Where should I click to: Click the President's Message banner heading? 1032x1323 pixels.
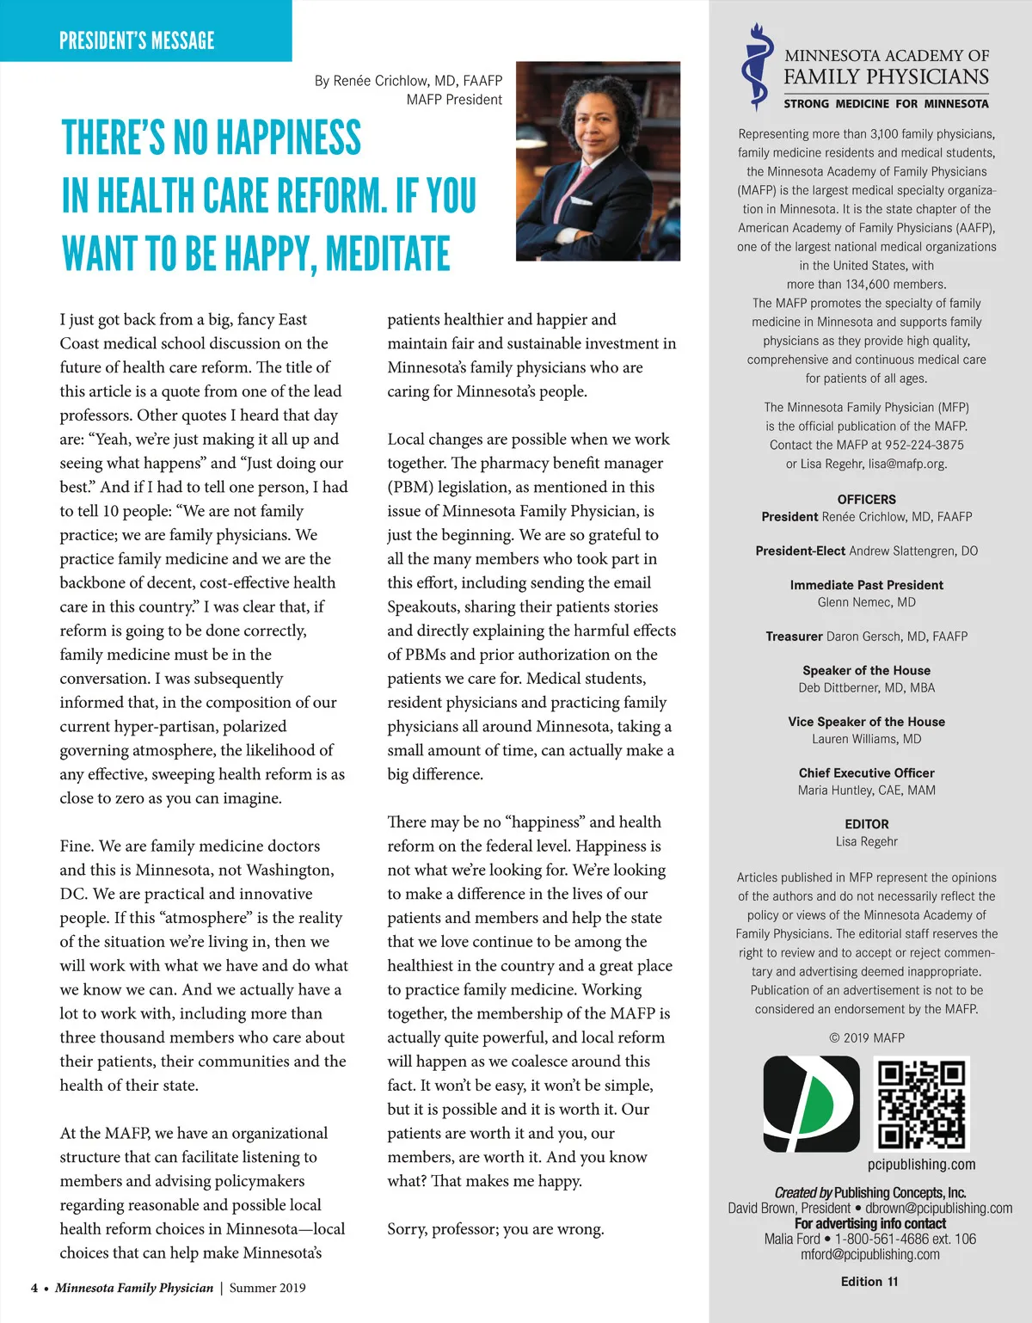pyautogui.click(x=137, y=40)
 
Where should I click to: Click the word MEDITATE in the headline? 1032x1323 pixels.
pyautogui.click(x=388, y=254)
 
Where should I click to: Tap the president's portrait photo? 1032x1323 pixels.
pyautogui.click(x=598, y=161)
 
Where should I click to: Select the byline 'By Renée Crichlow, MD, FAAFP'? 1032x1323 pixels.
pyautogui.click(x=408, y=81)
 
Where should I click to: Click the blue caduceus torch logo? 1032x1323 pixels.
pyautogui.click(x=756, y=68)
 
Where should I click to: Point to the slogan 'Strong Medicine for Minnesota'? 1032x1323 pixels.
pyautogui.click(x=886, y=104)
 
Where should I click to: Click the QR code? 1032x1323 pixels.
pyautogui.click(x=921, y=1105)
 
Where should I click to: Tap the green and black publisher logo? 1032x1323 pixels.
pyautogui.click(x=811, y=1105)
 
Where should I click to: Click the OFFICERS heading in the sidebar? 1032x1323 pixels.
pyautogui.click(x=866, y=500)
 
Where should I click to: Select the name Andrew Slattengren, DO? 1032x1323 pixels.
pyautogui.click(x=913, y=551)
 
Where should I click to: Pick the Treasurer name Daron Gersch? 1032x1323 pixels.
pyautogui.click(x=896, y=637)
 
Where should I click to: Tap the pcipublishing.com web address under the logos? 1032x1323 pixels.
pyautogui.click(x=921, y=1165)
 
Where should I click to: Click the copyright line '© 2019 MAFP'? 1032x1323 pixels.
pyautogui.click(x=866, y=1038)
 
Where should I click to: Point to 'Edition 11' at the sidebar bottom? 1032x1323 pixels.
pyautogui.click(x=869, y=1282)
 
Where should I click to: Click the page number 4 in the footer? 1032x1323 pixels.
pyautogui.click(x=34, y=1289)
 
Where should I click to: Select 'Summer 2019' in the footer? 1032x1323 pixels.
pyautogui.click(x=267, y=1289)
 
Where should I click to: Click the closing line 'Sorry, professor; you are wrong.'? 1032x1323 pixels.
pyautogui.click(x=495, y=1229)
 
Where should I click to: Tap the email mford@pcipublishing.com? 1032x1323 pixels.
pyautogui.click(x=869, y=1255)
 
